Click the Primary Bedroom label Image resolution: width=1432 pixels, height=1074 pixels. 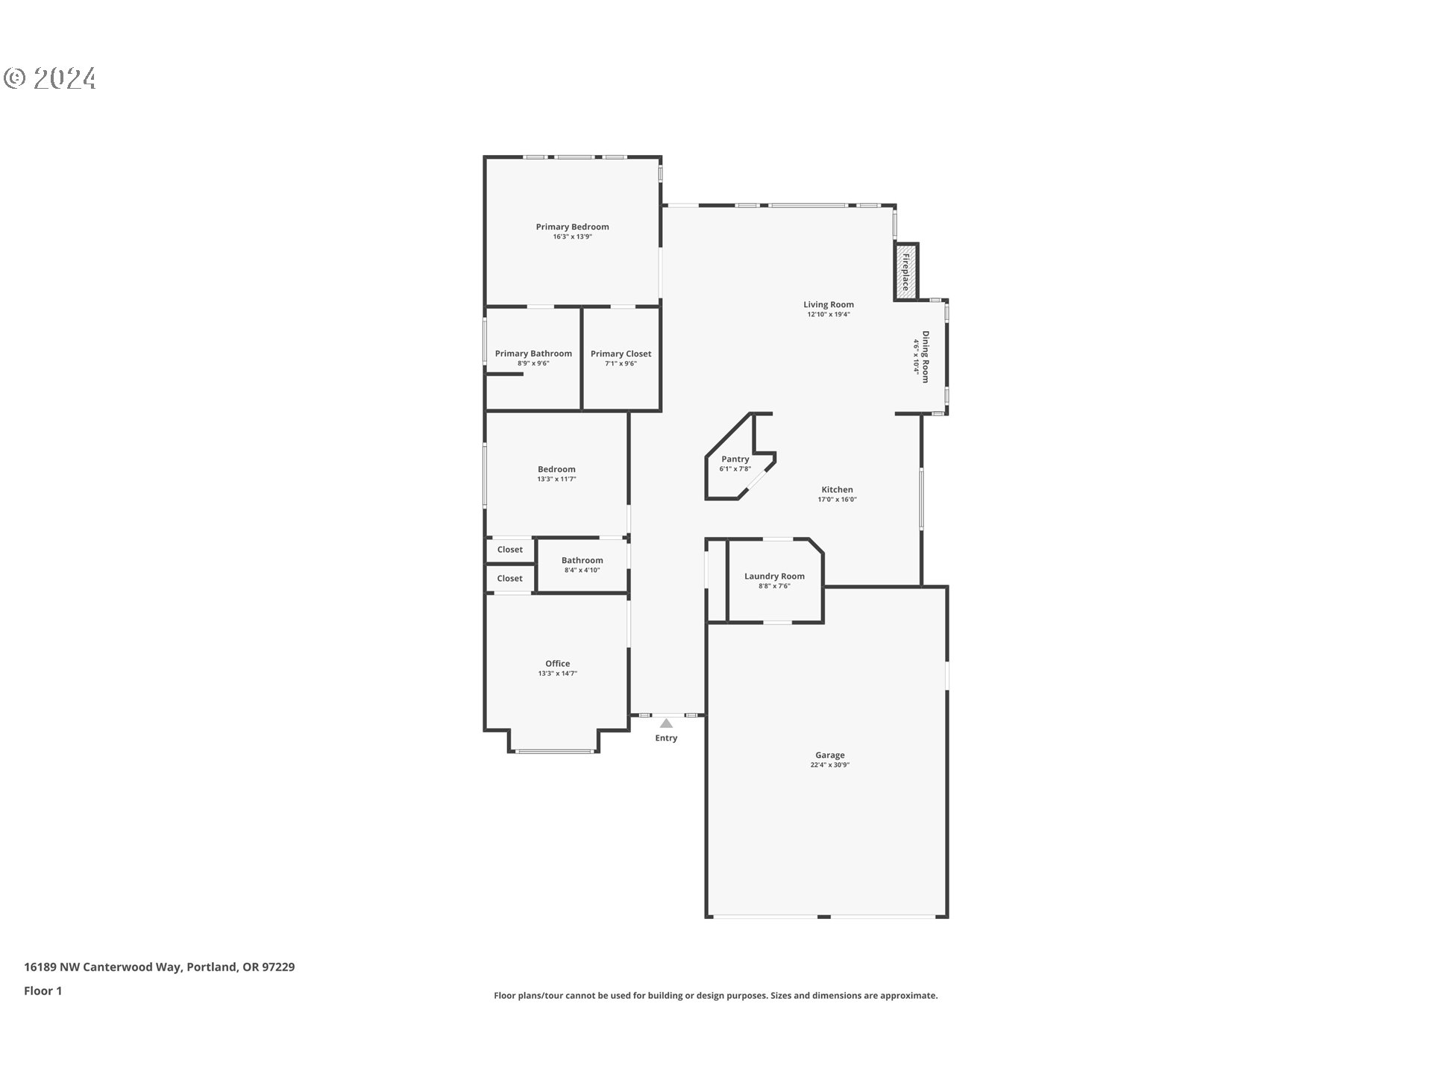[x=572, y=227]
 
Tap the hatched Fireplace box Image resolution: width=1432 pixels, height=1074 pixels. [x=906, y=272]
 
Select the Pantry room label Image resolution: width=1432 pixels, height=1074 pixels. [x=735, y=459]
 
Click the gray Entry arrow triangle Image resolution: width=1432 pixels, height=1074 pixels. [x=666, y=723]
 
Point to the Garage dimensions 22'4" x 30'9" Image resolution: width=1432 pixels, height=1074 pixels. [x=829, y=765]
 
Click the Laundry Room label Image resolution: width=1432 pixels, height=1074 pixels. [x=774, y=576]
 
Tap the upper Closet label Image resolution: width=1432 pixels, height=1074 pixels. [x=510, y=550]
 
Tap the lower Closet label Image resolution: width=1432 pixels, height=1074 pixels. [x=510, y=579]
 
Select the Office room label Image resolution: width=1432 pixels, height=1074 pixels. [x=557, y=664]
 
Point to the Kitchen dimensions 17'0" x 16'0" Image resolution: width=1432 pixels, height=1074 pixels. [x=837, y=500]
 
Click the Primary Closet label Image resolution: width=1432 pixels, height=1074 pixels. [x=621, y=354]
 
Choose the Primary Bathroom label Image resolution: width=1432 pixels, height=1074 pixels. [x=533, y=354]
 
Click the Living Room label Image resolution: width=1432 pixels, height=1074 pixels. [x=828, y=304]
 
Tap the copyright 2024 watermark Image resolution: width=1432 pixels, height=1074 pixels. [x=50, y=78]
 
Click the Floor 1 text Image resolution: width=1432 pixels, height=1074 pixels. [x=43, y=990]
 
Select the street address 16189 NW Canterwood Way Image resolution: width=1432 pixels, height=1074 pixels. [x=103, y=967]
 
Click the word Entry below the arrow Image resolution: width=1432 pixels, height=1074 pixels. [x=666, y=738]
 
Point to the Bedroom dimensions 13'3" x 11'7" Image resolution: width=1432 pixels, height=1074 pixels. [x=556, y=480]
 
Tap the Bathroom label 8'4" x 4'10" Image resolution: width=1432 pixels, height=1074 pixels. [x=582, y=565]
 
